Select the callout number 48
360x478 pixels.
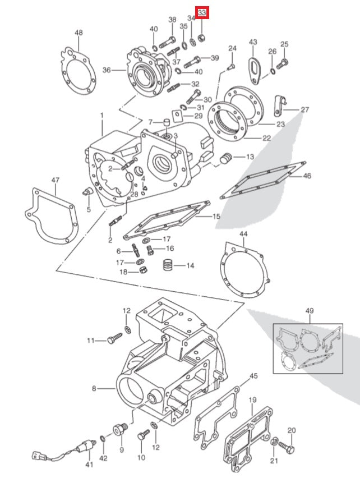[x=79, y=33]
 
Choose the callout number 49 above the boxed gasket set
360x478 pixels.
[x=310, y=310]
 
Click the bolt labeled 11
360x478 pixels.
[x=114, y=339]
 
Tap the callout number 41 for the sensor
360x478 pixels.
[x=88, y=465]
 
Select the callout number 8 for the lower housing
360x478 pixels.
[x=94, y=388]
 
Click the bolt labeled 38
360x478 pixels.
[x=167, y=41]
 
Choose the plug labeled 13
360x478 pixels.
[x=228, y=159]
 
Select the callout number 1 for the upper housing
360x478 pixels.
[x=102, y=116]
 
